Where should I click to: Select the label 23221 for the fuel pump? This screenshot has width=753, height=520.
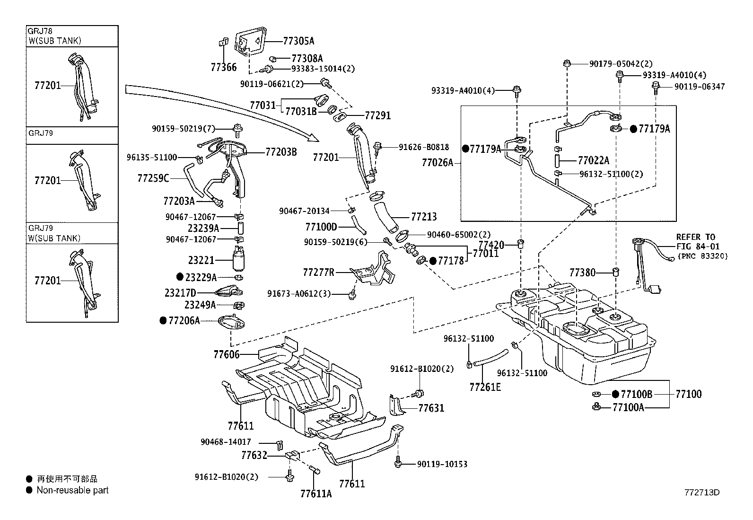(201, 260)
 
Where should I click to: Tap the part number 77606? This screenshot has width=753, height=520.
(226, 354)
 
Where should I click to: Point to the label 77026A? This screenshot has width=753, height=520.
(437, 163)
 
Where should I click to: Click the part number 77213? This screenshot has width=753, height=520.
(424, 217)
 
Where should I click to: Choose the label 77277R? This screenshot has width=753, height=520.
(318, 273)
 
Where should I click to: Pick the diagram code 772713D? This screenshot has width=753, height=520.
(701, 492)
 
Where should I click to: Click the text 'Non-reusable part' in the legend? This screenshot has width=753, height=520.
(72, 490)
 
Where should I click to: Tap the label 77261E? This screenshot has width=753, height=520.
(485, 387)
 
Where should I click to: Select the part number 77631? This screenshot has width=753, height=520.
(431, 408)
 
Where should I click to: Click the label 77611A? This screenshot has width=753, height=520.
(315, 494)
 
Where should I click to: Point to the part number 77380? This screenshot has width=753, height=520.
(582, 273)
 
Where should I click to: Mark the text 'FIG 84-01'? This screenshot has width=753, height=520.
(698, 247)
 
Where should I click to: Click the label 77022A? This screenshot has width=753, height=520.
(594, 160)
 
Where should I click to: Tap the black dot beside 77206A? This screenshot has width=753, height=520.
(164, 321)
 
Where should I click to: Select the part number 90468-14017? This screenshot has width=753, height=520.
(226, 442)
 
